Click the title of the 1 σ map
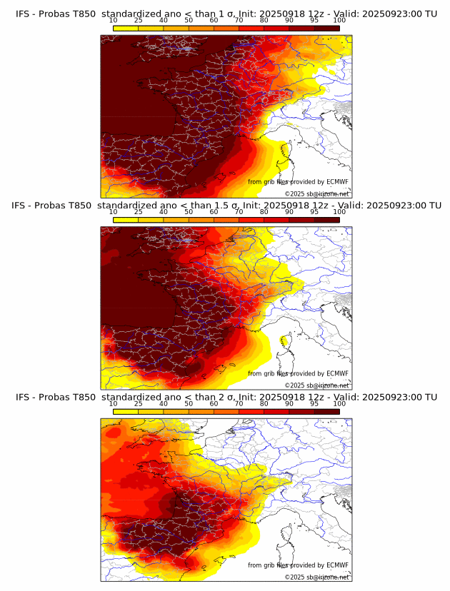(226, 14)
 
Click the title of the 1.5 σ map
(226, 206)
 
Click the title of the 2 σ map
(226, 398)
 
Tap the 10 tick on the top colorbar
(114, 21)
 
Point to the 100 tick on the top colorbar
(339, 21)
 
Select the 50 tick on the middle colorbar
(189, 212)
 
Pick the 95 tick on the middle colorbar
(314, 212)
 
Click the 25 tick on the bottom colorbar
(139, 404)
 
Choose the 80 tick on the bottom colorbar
(264, 404)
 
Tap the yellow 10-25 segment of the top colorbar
(126, 28)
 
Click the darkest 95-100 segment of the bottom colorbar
(326, 411)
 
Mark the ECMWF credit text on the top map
(298, 182)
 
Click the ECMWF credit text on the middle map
(298, 373)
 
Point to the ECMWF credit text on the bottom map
(298, 565)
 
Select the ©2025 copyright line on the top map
(316, 193)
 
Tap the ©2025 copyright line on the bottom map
(316, 577)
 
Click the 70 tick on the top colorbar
(239, 21)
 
